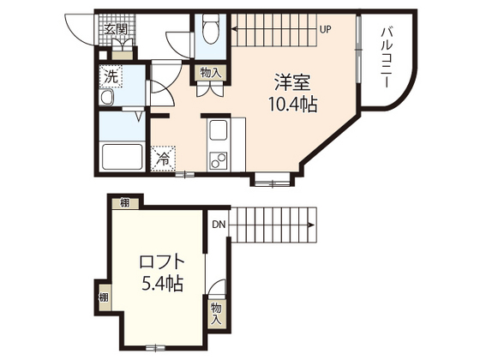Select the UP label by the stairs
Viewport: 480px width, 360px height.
pyautogui.click(x=325, y=30)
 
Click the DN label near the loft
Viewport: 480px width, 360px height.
pyautogui.click(x=219, y=225)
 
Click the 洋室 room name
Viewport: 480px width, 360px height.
pyautogui.click(x=291, y=84)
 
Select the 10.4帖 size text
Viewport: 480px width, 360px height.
pyautogui.click(x=291, y=105)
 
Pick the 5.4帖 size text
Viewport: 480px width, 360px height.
pyautogui.click(x=161, y=283)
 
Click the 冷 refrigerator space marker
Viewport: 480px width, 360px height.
pyautogui.click(x=162, y=158)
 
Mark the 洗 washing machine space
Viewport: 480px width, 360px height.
pyautogui.click(x=111, y=76)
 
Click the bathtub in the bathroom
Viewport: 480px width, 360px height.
pyautogui.click(x=121, y=158)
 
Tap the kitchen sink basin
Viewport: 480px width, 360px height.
pyautogui.click(x=218, y=133)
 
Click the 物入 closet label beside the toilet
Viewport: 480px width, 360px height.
pyautogui.click(x=210, y=74)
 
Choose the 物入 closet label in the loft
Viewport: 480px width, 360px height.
pyautogui.click(x=215, y=312)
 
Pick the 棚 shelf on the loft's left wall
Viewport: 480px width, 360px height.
pyautogui.click(x=104, y=298)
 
